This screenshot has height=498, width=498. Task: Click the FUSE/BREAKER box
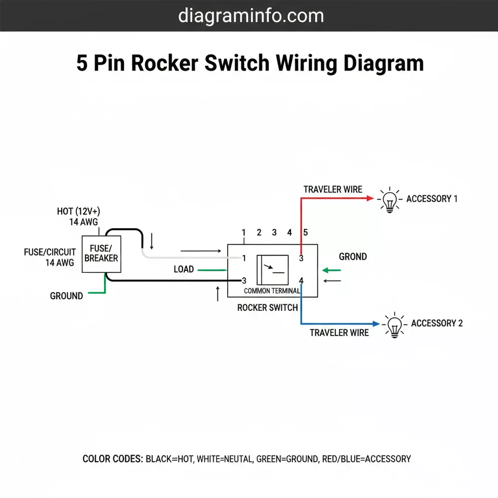(x=101, y=253)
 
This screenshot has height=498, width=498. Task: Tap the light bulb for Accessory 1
(x=389, y=200)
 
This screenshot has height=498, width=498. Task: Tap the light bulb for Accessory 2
(x=394, y=325)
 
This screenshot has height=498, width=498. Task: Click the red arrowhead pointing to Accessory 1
(x=370, y=198)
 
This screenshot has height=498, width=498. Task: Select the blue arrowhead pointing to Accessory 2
(x=375, y=323)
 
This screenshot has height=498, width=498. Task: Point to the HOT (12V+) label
(x=82, y=212)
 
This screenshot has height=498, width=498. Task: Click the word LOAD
(x=184, y=269)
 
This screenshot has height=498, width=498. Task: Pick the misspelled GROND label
(x=353, y=257)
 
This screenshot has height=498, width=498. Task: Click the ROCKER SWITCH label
(x=267, y=308)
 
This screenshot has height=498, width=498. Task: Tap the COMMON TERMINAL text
(x=271, y=291)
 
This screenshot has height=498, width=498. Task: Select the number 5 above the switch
(x=306, y=233)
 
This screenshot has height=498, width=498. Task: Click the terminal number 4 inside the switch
(x=301, y=280)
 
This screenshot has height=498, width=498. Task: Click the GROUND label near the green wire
(x=66, y=296)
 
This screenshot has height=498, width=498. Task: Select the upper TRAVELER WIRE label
(x=333, y=190)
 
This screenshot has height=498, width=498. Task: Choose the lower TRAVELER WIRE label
(x=339, y=333)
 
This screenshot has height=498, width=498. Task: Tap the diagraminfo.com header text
(x=251, y=15)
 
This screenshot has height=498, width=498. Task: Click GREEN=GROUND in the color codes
(x=287, y=459)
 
